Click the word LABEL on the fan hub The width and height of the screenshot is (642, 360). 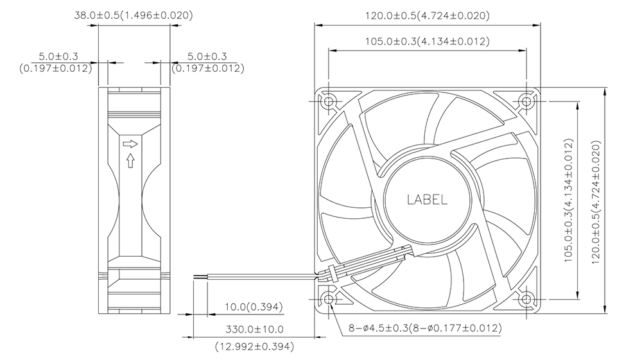point(427,200)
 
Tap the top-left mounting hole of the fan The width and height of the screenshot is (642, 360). point(329,101)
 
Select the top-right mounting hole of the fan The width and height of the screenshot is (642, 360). point(526,101)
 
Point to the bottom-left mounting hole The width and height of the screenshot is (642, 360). point(329,300)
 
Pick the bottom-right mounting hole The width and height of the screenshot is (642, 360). point(526,300)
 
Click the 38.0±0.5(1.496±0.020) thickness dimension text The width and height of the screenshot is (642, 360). point(134,15)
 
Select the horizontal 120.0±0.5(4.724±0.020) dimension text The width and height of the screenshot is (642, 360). point(428,16)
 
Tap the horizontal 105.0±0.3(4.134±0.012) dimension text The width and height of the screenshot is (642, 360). point(428,41)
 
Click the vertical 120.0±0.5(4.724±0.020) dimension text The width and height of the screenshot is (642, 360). point(596,202)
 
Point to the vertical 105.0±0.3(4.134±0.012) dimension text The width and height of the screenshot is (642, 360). point(569,200)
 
